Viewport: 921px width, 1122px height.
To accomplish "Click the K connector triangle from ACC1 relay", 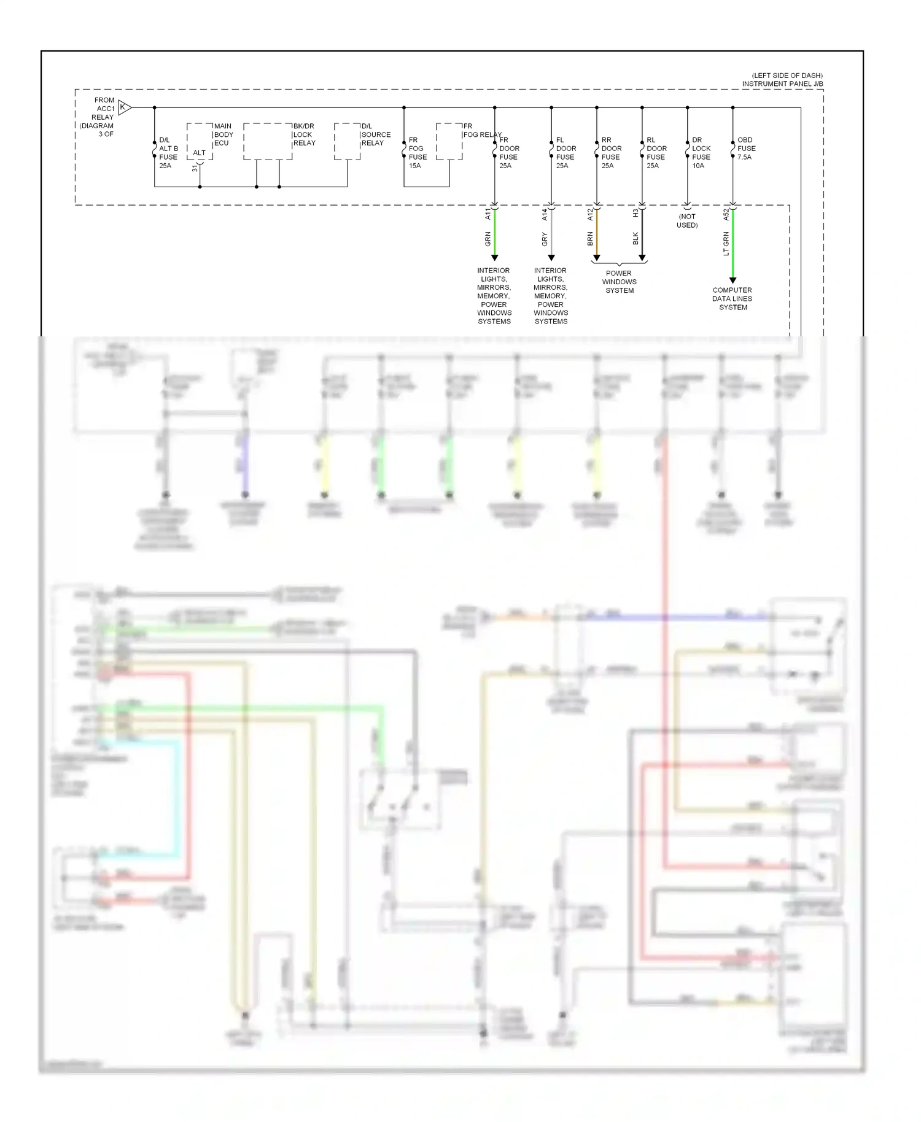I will click(x=125, y=107).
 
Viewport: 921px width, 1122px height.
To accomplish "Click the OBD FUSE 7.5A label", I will click(x=746, y=149).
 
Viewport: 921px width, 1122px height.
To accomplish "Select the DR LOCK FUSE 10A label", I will click(x=701, y=153).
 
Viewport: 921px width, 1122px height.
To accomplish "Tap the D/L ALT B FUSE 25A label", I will click(x=168, y=153).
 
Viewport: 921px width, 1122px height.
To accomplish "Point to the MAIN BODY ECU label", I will click(x=223, y=134).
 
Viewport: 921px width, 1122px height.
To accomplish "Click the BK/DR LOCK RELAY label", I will click(x=304, y=134).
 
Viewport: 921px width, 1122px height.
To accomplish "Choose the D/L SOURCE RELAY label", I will click(x=375, y=134).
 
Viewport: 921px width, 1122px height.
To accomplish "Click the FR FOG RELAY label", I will click(x=482, y=130).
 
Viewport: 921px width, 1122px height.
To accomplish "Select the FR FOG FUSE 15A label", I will click(x=418, y=153).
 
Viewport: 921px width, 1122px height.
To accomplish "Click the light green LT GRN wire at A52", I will click(x=733, y=246).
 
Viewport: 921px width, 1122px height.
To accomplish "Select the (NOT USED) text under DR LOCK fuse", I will click(x=687, y=221).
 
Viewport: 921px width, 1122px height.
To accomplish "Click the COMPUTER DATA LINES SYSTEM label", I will click(x=733, y=299).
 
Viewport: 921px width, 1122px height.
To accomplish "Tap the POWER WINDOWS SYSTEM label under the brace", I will click(x=620, y=282).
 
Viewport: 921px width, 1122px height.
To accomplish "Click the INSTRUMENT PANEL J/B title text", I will click(x=782, y=84).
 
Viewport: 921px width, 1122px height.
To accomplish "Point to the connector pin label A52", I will click(x=726, y=214).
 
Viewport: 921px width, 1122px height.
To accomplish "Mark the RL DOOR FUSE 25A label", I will click(x=656, y=153).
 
